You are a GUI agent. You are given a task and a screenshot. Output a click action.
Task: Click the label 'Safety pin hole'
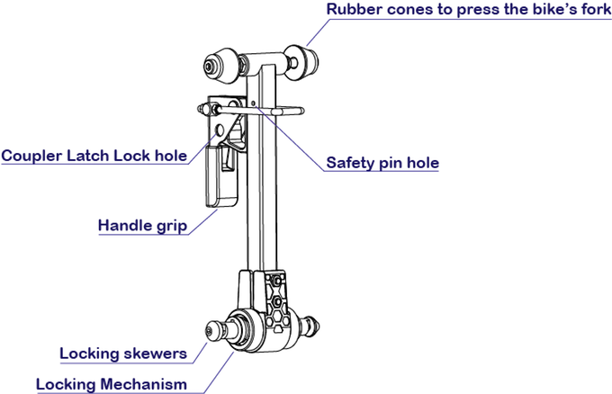click(382, 163)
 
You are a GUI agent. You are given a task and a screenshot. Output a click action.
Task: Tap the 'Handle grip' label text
click(142, 226)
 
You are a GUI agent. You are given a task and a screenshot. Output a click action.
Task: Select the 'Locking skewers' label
click(123, 354)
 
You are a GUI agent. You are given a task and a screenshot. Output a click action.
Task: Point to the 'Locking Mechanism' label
click(112, 384)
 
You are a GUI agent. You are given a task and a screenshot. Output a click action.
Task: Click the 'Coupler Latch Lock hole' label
click(94, 156)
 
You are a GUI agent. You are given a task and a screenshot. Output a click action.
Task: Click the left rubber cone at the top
click(220, 66)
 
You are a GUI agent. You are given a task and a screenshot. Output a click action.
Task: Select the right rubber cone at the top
click(301, 61)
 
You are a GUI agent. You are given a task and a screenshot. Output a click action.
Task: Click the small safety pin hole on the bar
click(253, 103)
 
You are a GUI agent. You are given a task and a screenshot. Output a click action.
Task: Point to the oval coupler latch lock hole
click(220, 130)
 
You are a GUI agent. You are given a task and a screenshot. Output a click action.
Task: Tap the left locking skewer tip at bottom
click(213, 331)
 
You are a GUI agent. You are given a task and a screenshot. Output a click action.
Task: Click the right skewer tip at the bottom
click(311, 326)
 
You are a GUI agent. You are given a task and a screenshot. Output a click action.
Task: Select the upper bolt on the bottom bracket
click(276, 281)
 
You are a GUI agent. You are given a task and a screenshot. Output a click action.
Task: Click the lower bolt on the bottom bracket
click(276, 301)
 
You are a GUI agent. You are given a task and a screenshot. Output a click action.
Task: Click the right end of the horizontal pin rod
click(301, 112)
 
